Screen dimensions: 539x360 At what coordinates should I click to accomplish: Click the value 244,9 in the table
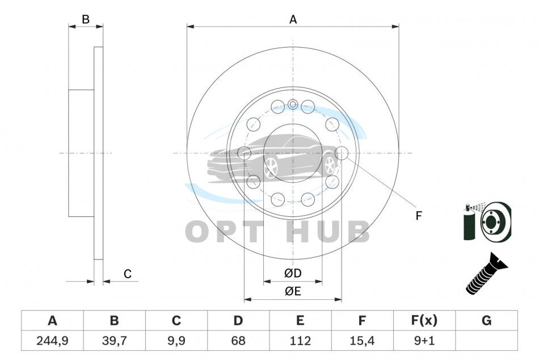52,341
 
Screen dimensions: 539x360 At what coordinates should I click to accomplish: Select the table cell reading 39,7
115,341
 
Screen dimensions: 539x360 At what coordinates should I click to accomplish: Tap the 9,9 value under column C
176,341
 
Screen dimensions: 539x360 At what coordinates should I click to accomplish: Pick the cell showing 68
238,341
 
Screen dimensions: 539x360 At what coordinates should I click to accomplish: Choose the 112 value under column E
300,341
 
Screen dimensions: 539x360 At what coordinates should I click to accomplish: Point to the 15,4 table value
362,341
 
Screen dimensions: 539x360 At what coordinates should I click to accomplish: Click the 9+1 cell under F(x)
424,341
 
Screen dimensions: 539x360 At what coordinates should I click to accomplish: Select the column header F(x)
424,320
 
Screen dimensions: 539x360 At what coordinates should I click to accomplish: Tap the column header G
486,320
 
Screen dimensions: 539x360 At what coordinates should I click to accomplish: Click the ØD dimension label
293,273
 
